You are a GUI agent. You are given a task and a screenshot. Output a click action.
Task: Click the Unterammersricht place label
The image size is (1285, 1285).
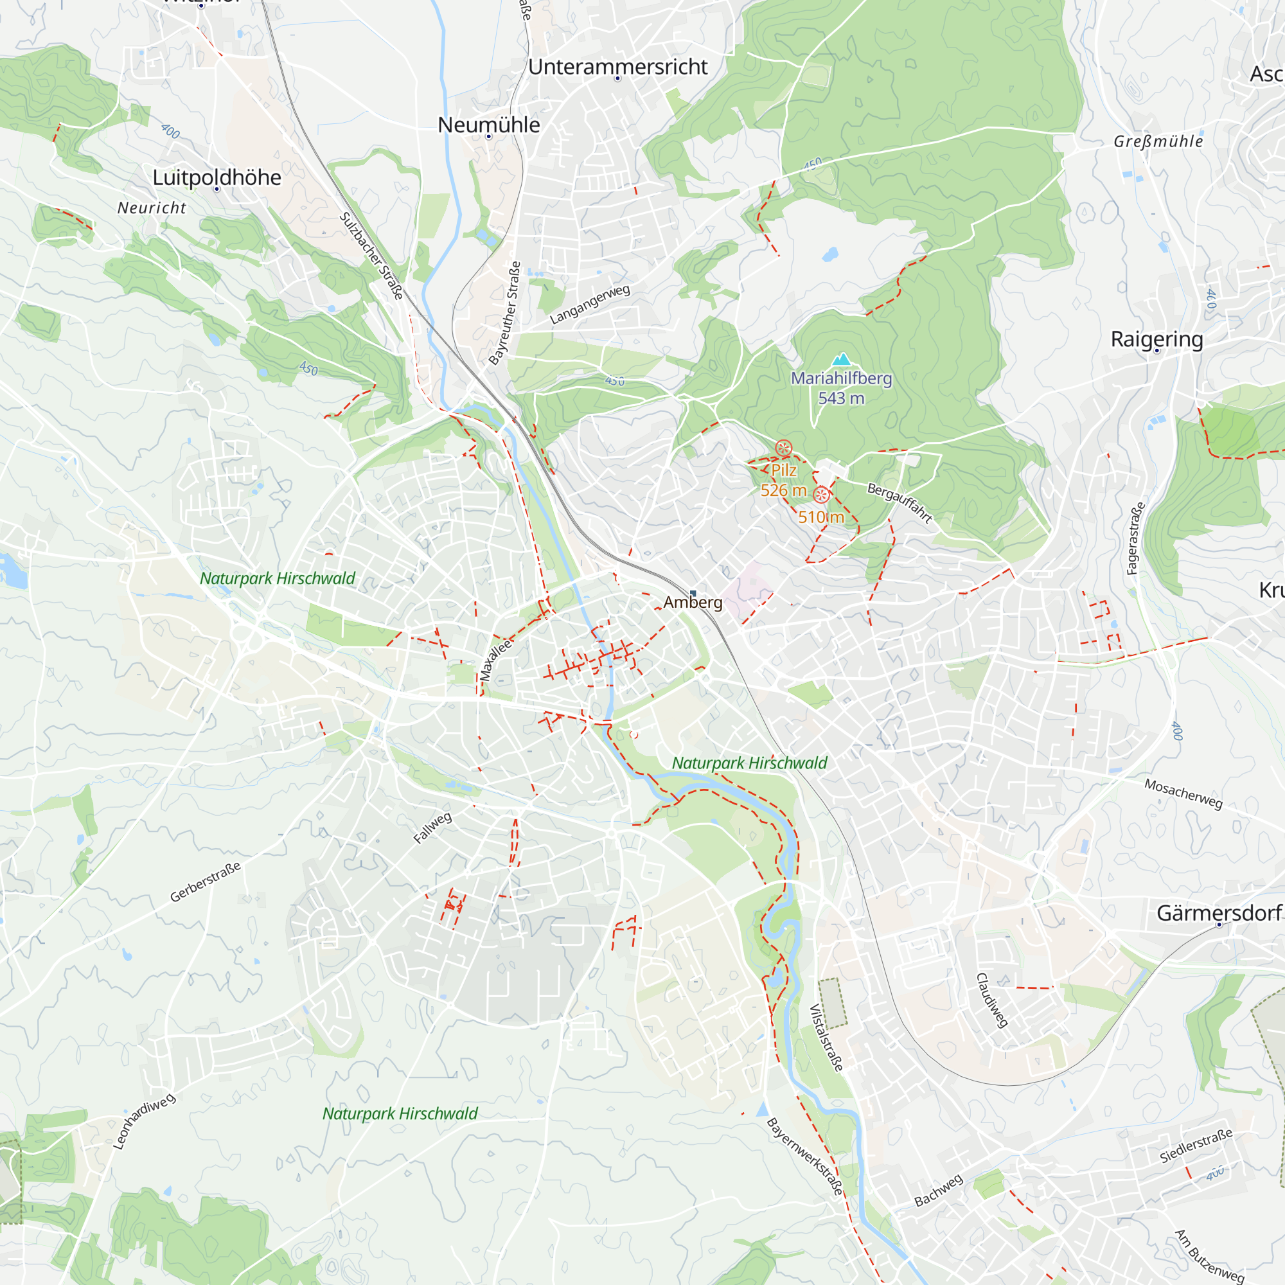(618, 67)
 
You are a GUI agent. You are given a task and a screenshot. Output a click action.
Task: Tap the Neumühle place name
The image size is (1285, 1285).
(489, 125)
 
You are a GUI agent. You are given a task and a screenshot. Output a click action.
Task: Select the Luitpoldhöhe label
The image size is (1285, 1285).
(217, 177)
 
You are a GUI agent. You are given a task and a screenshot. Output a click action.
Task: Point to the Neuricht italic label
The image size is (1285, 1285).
(152, 208)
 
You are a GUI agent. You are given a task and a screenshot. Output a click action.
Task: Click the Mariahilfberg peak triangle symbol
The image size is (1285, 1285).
(842, 360)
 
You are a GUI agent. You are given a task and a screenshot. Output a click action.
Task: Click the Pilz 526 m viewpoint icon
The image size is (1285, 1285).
(783, 448)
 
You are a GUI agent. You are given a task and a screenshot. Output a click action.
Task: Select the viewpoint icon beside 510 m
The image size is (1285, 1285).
(822, 495)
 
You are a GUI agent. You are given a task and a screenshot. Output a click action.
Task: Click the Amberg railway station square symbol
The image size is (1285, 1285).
(693, 592)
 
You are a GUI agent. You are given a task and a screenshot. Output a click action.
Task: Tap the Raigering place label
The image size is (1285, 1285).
(1156, 339)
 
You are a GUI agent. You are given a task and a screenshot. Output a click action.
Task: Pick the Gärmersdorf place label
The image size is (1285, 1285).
(1218, 912)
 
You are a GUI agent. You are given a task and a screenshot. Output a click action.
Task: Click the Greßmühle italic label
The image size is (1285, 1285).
(1158, 141)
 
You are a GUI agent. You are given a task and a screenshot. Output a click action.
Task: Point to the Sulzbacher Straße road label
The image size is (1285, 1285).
(372, 256)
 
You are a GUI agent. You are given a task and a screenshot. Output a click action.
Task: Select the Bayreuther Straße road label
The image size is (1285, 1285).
(505, 314)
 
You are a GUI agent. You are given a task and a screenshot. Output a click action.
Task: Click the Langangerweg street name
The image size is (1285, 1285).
(589, 304)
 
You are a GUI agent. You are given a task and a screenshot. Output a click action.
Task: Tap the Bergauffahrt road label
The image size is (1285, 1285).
(899, 503)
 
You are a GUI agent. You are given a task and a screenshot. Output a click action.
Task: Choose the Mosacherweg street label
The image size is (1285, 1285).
(1183, 793)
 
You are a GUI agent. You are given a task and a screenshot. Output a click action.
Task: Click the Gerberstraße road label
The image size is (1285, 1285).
(205, 882)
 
